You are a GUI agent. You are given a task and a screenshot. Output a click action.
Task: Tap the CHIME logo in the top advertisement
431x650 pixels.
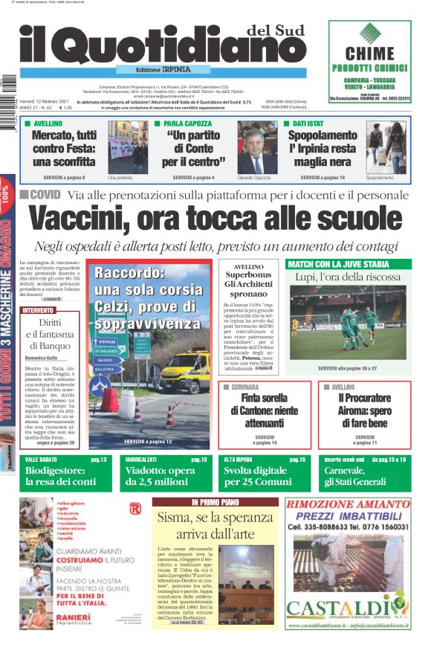[x=370, y=54]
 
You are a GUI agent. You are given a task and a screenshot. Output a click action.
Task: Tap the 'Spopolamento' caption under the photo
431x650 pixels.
[x=380, y=178]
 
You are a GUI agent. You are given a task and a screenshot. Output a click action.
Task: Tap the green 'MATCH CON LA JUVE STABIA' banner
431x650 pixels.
[x=338, y=264]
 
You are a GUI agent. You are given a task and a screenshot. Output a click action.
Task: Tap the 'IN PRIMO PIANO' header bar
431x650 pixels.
[x=215, y=503]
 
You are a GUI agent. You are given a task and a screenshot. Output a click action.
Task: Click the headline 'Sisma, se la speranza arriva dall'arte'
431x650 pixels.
[x=215, y=527]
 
